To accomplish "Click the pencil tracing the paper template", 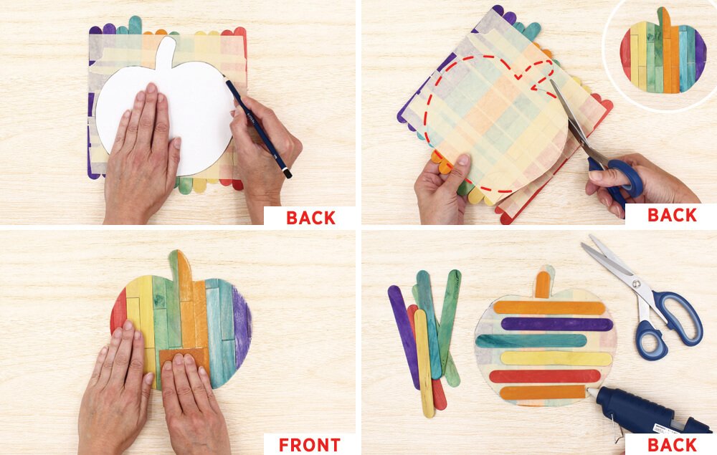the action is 259,129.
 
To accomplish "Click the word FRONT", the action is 310,444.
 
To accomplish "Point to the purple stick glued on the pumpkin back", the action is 556,325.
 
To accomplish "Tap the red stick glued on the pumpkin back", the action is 545,376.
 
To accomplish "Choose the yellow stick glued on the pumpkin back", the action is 556,358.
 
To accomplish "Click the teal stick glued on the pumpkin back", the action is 531,341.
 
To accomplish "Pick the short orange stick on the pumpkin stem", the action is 543,284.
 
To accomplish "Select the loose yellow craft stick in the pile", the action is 424,363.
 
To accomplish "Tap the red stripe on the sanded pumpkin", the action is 118,312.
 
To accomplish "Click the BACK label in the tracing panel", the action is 310,217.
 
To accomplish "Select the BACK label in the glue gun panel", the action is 673,444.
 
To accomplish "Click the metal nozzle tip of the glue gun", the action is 591,392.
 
